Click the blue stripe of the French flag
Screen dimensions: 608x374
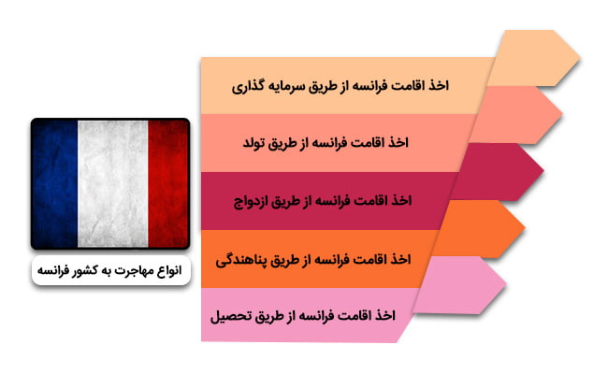[55, 183]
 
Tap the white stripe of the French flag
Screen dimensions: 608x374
[113, 183]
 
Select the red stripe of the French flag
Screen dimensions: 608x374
[168, 183]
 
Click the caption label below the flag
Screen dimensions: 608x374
[111, 270]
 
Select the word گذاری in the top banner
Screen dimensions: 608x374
[245, 86]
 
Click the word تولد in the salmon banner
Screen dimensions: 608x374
[254, 143]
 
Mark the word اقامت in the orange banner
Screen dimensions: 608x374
[370, 259]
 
